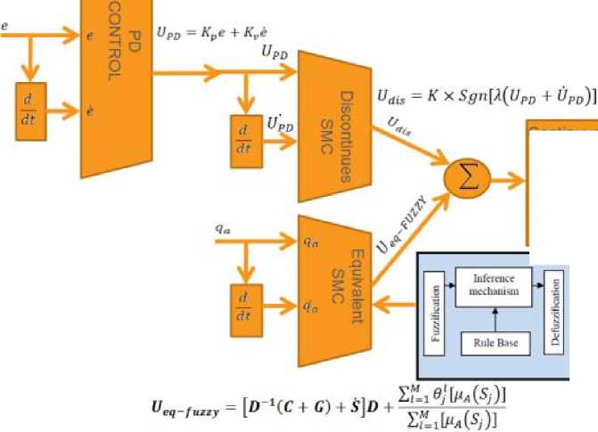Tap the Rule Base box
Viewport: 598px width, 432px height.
click(x=494, y=342)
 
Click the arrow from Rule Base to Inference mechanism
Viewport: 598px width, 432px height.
click(x=494, y=318)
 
